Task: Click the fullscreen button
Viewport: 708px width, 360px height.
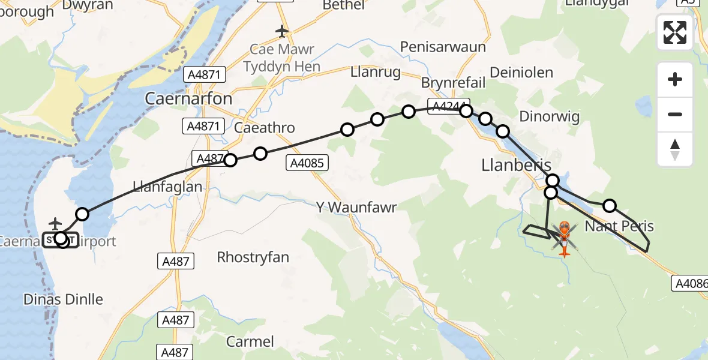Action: coord(675,32)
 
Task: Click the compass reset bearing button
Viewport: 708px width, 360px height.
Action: coord(675,149)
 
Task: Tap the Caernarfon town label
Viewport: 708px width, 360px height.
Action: coord(188,99)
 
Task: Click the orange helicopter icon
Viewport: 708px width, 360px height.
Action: coord(565,238)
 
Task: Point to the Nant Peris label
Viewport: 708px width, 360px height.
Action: coord(619,226)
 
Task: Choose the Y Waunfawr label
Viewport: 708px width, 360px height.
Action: coord(358,207)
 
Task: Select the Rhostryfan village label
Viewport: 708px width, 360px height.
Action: coord(253,257)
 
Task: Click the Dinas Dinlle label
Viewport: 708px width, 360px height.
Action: coord(63,299)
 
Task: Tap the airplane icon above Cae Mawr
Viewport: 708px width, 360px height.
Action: coord(282,30)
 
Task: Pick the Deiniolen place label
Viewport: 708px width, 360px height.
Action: coord(521,73)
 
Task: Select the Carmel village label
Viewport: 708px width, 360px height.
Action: coord(250,341)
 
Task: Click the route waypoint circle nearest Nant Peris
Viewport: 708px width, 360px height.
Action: coord(609,206)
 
